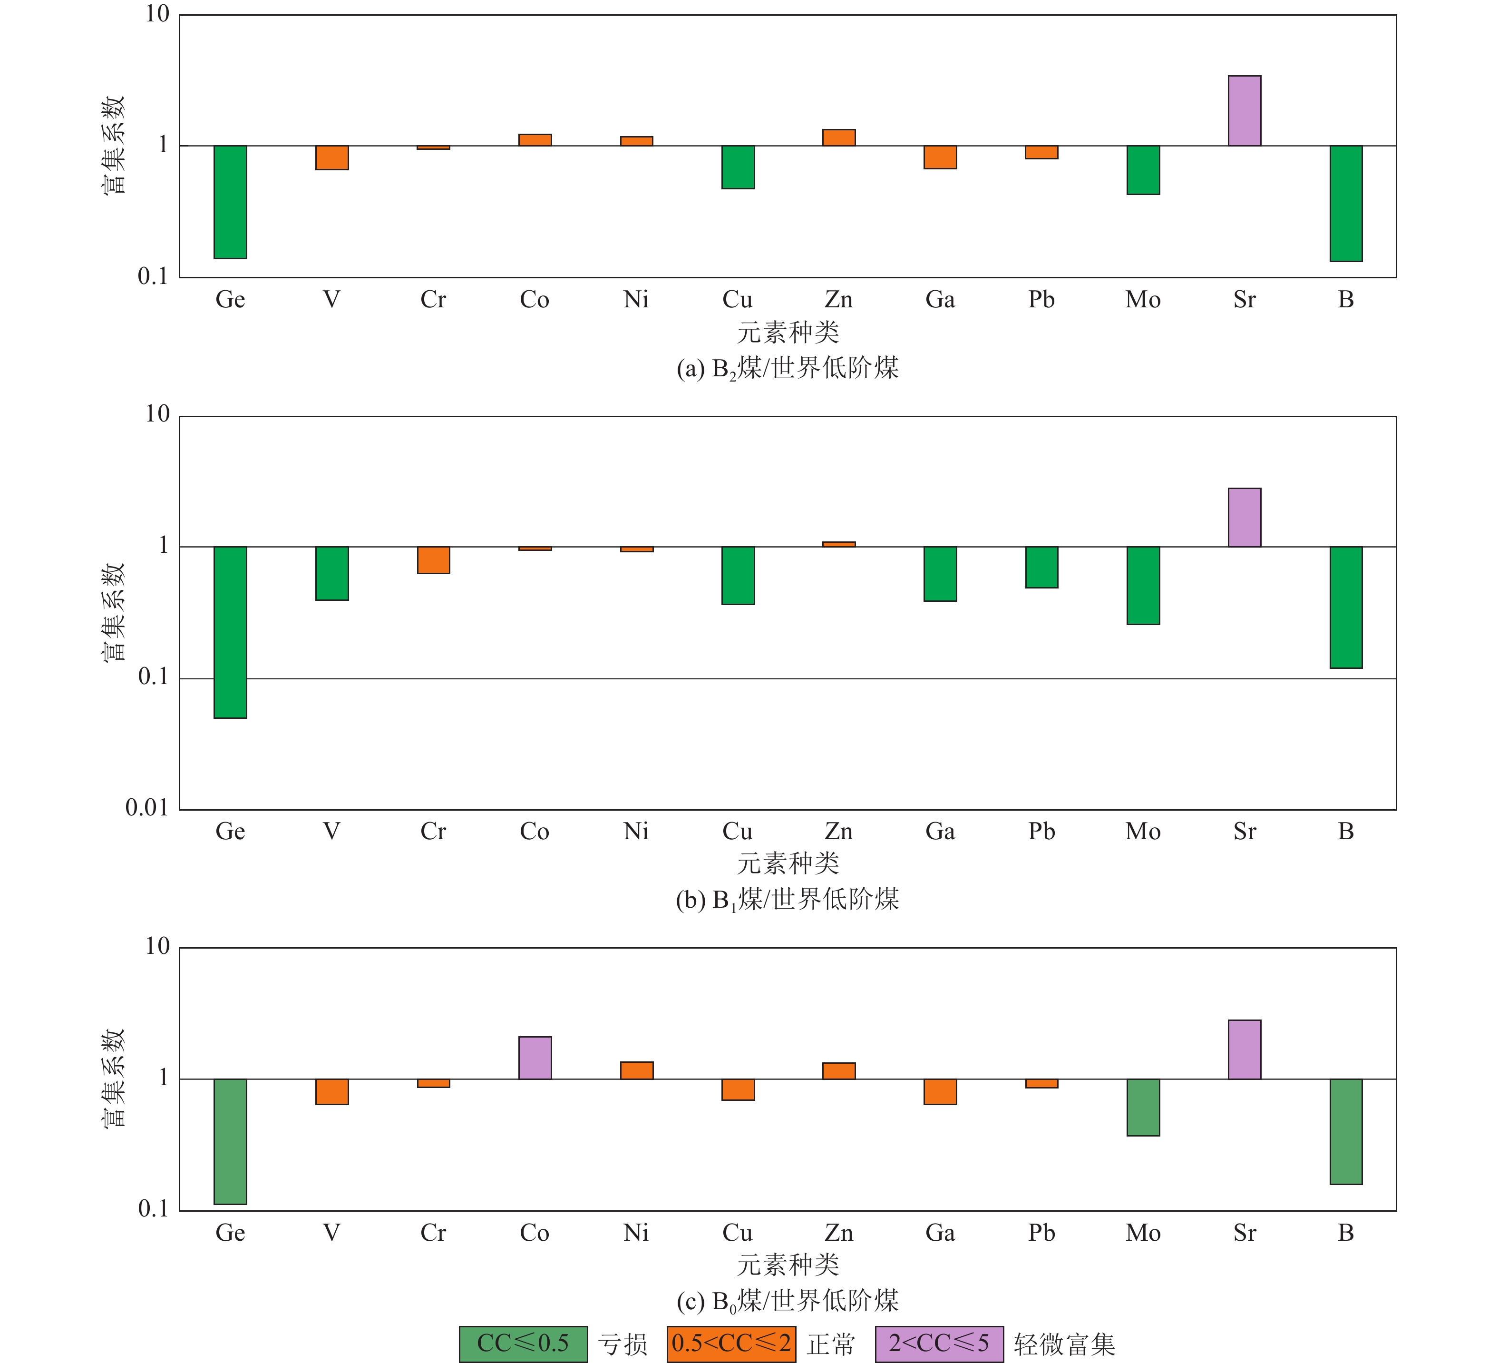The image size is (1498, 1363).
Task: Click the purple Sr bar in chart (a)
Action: (x=1244, y=111)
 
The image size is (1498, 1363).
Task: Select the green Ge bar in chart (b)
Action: (x=230, y=632)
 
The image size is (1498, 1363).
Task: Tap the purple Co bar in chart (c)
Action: (x=535, y=1058)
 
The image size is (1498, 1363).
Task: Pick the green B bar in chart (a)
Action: (x=1346, y=203)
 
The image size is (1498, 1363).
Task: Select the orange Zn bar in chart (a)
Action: (x=839, y=137)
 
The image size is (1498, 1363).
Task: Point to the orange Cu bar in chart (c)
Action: (x=738, y=1089)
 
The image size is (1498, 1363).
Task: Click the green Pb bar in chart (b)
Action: (x=1042, y=567)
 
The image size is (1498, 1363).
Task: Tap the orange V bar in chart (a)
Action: (x=332, y=157)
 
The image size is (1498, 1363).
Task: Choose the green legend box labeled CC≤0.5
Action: (x=523, y=1343)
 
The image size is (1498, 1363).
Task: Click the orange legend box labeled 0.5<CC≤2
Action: (x=731, y=1343)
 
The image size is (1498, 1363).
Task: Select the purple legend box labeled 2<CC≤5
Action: (x=939, y=1343)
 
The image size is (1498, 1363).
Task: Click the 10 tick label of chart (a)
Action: (x=157, y=14)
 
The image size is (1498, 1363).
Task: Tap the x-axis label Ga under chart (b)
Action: (x=940, y=832)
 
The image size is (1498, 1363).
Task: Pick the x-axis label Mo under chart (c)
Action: (x=1143, y=1233)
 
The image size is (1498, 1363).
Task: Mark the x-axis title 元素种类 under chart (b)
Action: (x=788, y=863)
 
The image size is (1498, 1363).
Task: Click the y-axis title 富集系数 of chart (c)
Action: (x=114, y=1079)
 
